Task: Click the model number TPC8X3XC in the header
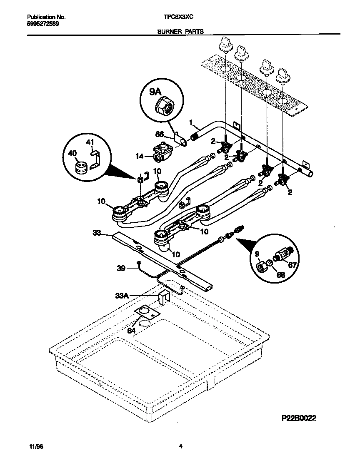[x=179, y=17]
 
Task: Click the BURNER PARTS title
[x=180, y=32]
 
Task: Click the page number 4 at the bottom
[x=180, y=447]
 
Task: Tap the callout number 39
[x=121, y=269]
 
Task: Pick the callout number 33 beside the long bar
[x=97, y=234]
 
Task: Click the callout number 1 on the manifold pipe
[x=191, y=122]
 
